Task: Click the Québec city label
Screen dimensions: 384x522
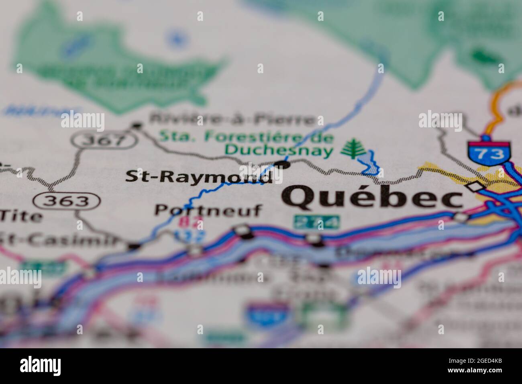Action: pos(371,198)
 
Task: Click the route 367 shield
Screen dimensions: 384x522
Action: pos(104,140)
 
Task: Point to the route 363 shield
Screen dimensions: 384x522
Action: pos(66,200)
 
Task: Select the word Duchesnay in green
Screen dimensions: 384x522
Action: pos(279,151)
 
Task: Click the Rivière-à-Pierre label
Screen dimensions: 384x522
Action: pos(232,119)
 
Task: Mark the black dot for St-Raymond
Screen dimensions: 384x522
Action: pos(283,164)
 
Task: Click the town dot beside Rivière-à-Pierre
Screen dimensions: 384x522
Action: pos(137,126)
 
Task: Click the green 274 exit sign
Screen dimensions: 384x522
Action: pos(316,222)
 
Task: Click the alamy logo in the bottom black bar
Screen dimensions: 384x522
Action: pos(41,366)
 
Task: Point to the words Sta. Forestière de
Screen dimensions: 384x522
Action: pos(247,137)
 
